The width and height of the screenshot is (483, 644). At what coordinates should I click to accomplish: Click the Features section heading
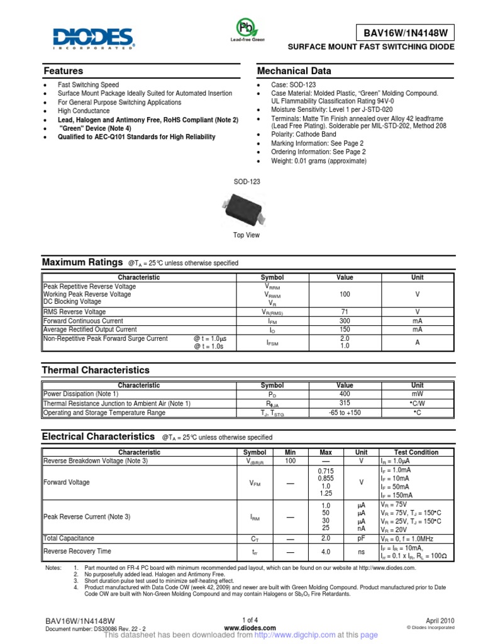tap(63, 71)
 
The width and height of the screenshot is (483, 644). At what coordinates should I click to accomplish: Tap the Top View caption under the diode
tap(246, 235)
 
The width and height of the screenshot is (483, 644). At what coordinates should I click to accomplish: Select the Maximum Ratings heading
tap(82, 262)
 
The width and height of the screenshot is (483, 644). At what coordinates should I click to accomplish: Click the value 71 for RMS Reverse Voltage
tap(345, 312)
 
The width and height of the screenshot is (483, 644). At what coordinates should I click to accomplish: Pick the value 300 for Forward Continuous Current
tap(345, 321)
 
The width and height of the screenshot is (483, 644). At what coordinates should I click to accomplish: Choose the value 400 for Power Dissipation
tap(345, 394)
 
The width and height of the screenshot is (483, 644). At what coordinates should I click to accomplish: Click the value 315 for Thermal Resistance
tap(345, 403)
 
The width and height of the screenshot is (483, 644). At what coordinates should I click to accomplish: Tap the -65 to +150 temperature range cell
tap(345, 413)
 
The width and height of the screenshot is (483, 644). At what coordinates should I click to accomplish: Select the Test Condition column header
tap(416, 452)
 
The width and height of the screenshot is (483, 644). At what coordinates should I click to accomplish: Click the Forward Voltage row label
tap(67, 482)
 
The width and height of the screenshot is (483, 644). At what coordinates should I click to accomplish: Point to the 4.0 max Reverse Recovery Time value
tap(326, 552)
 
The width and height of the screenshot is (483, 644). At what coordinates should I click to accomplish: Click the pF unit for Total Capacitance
tap(362, 538)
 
